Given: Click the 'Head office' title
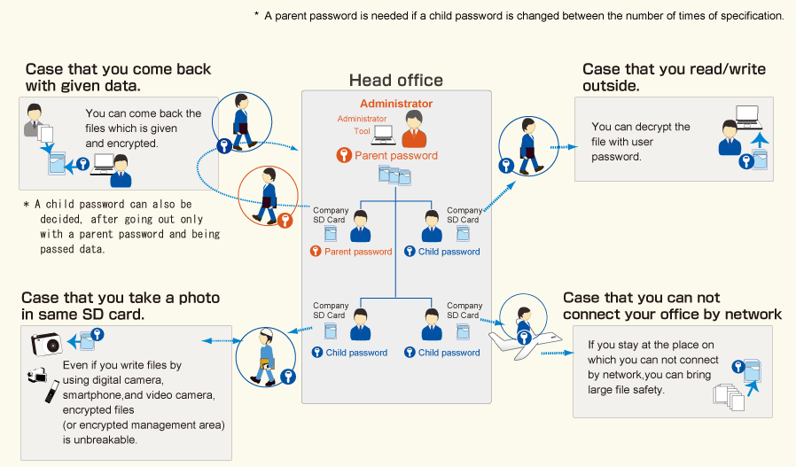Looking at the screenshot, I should [395, 81].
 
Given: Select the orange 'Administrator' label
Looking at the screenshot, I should [396, 104].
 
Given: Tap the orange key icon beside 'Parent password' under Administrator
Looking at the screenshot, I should [344, 156].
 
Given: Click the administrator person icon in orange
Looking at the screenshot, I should [413, 129].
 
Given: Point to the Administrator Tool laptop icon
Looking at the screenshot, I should [384, 133].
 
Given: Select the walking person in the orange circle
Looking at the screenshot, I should [267, 196].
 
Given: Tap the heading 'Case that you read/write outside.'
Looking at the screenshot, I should [674, 77].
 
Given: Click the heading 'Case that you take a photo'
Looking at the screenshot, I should [121, 299].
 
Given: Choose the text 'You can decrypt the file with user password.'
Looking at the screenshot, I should [640, 142].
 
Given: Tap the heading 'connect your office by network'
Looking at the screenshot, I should [672, 315].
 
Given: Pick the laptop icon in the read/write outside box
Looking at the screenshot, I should [747, 114].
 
